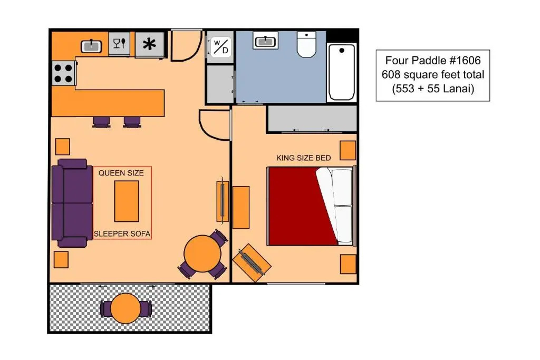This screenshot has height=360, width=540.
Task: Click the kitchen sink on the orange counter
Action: pos(91,46)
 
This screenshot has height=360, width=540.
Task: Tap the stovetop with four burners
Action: pos(64,73)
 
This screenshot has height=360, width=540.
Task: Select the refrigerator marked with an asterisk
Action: pos(149,44)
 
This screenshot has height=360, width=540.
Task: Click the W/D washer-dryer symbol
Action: pos(221,47)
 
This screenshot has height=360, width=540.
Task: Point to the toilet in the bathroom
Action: pos(306,45)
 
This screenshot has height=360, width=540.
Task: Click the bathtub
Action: pos(342,72)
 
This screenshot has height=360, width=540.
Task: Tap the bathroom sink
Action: pos(265,41)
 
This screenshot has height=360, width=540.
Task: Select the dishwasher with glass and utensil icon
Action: pos(119,43)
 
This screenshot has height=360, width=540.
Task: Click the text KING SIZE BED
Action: pos(303,158)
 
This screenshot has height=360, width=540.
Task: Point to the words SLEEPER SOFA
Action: pos(122,233)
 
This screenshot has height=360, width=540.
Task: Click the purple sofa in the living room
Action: pos(72,203)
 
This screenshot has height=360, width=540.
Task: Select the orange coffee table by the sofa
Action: pos(127,201)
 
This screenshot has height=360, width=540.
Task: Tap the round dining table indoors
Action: pos(202,254)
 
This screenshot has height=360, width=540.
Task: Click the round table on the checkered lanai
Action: pos(126,308)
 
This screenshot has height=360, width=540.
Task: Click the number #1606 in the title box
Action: pos(465,61)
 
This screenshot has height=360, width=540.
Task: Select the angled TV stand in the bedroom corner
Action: pos(252,262)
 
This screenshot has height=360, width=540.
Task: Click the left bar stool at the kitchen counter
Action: pos(101,122)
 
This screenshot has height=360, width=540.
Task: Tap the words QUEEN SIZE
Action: pos(121,173)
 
